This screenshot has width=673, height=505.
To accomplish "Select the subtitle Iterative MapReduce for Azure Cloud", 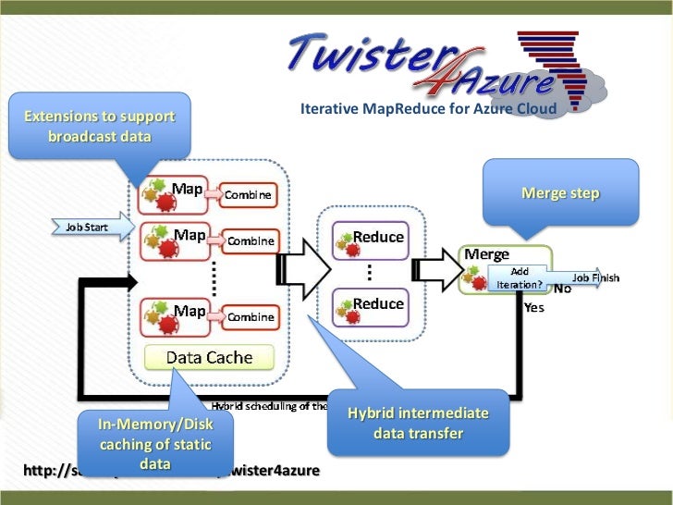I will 428,111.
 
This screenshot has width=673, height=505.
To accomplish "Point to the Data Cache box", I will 209,357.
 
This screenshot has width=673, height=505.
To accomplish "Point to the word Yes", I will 534,308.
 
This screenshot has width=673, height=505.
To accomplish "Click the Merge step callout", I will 560,193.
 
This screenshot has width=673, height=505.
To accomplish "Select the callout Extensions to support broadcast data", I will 99,127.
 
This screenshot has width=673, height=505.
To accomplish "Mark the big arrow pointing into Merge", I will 437,268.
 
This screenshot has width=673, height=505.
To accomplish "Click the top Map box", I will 174,193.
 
